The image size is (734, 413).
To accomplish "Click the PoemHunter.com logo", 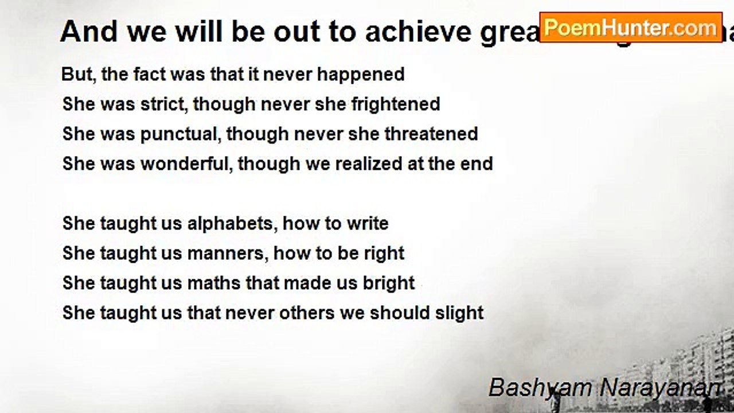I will pos(630,28).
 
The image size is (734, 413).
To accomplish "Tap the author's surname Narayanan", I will pos(659,388).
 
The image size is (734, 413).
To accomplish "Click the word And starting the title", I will pos(89,32).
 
